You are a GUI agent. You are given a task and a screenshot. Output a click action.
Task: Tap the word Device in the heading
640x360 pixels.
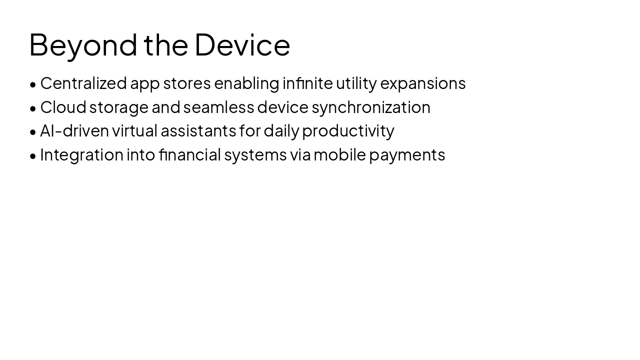click(242, 45)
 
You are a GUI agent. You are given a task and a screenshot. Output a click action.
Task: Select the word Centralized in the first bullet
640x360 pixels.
click(83, 83)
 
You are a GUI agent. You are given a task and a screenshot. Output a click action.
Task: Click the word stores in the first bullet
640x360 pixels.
click(187, 83)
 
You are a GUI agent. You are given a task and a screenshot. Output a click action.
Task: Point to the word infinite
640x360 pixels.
click(307, 83)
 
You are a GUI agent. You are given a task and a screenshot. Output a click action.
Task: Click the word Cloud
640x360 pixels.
click(63, 107)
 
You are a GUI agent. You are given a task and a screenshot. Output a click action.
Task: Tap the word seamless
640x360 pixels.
click(218, 107)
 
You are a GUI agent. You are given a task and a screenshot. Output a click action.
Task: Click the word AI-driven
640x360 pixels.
click(74, 130)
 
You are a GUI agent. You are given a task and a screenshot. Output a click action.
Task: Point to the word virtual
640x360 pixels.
click(134, 130)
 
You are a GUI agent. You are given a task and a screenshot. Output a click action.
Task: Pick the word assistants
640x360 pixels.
click(198, 130)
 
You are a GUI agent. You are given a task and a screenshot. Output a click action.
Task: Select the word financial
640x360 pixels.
click(190, 154)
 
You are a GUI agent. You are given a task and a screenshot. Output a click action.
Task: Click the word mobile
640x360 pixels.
click(339, 154)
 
